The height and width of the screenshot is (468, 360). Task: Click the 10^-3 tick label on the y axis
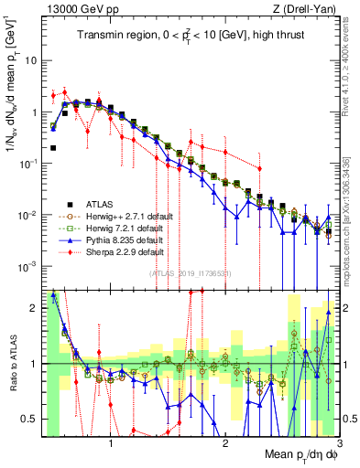29,266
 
